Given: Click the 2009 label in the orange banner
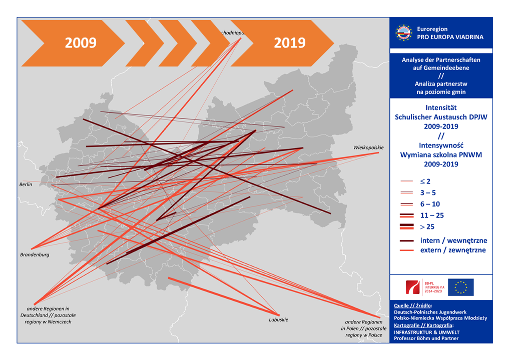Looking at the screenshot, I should pyautogui.click(x=80, y=43).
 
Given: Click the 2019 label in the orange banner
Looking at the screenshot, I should pyautogui.click(x=290, y=43).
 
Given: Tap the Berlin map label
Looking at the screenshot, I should pyautogui.click(x=26, y=184).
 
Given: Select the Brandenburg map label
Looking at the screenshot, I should pyautogui.click(x=35, y=254).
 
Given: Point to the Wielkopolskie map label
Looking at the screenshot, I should pyautogui.click(x=368, y=147).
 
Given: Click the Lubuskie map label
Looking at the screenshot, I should pyautogui.click(x=278, y=319).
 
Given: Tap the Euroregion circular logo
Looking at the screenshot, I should pyautogui.click(x=404, y=33).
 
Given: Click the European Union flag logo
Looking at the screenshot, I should pyautogui.click(x=460, y=287).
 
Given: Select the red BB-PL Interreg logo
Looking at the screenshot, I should pyautogui.click(x=414, y=287).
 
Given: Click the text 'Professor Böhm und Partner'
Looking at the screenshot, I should pyautogui.click(x=426, y=338).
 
